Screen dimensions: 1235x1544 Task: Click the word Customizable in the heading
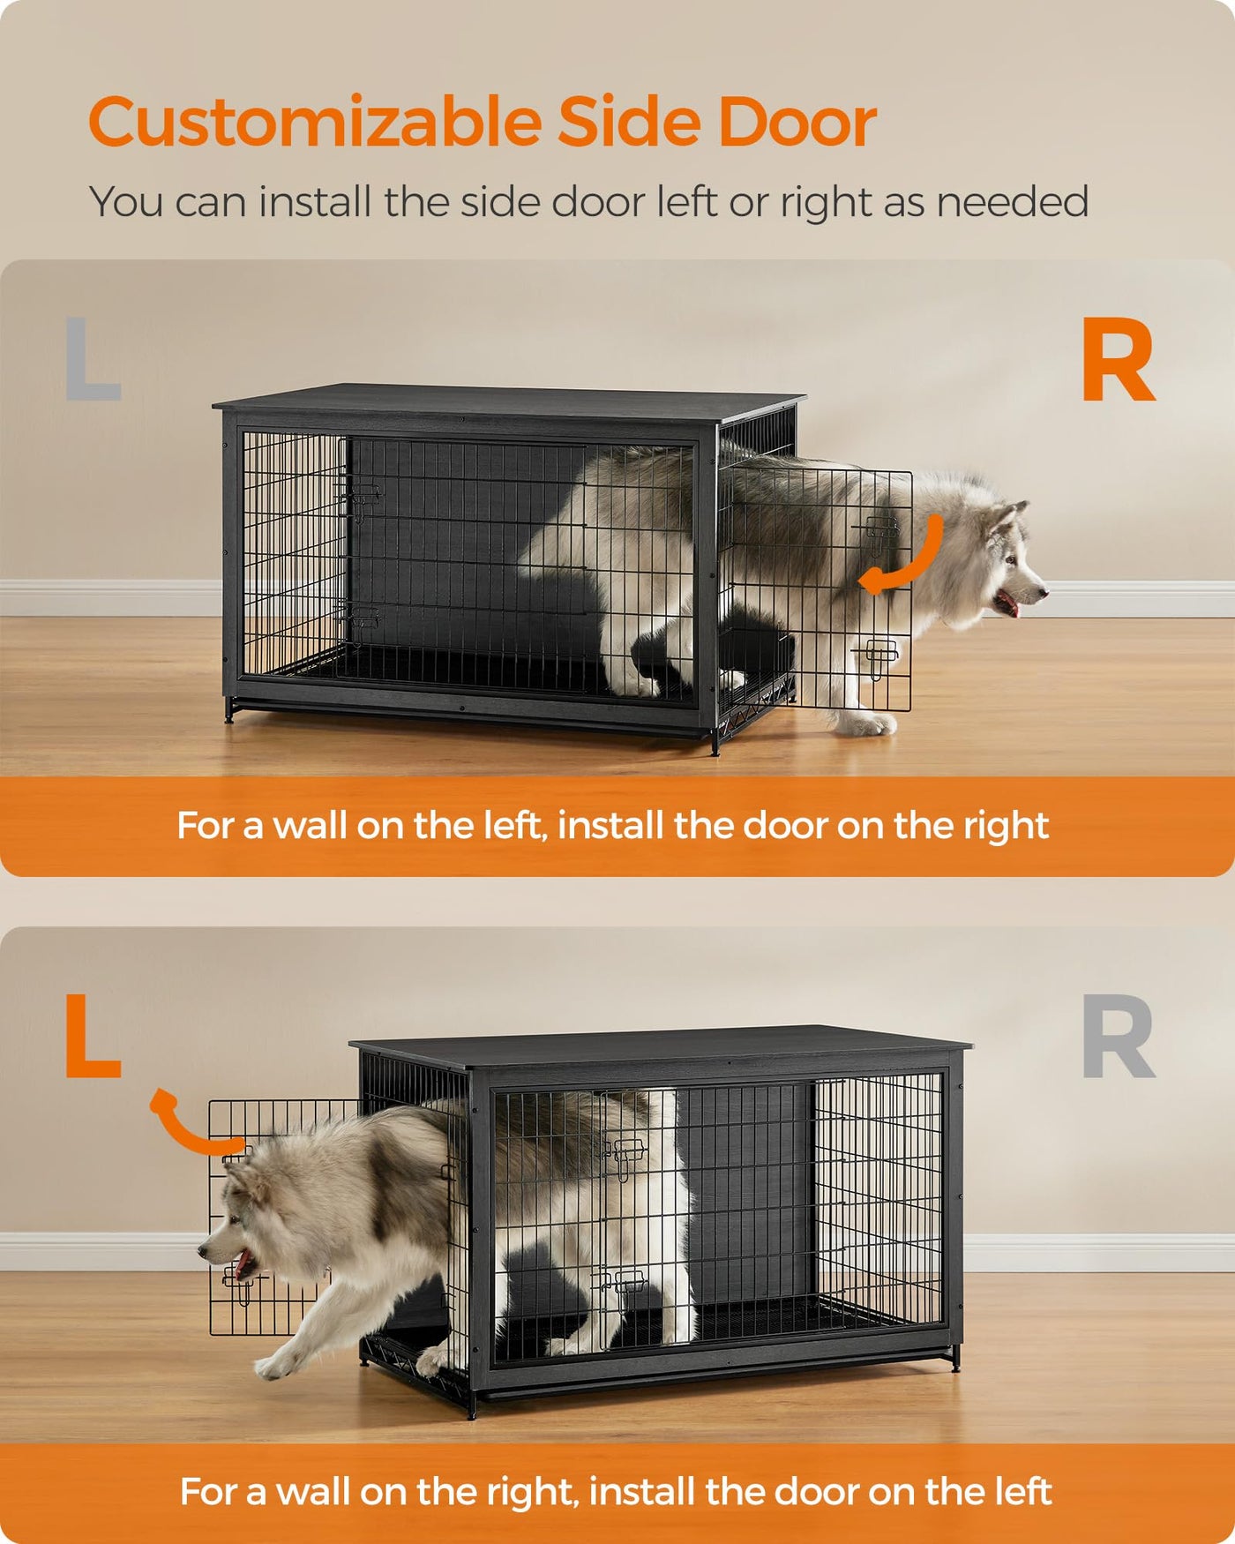pos(315,122)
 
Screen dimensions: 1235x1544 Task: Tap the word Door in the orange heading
pos(797,122)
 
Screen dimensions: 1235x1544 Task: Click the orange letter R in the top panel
pos(1119,360)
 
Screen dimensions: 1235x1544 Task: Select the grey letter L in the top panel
pos(93,358)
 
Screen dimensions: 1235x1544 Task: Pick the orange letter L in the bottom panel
pos(93,1037)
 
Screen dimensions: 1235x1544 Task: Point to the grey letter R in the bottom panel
pos(1119,1037)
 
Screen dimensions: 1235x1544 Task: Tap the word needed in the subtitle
pos(1013,202)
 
